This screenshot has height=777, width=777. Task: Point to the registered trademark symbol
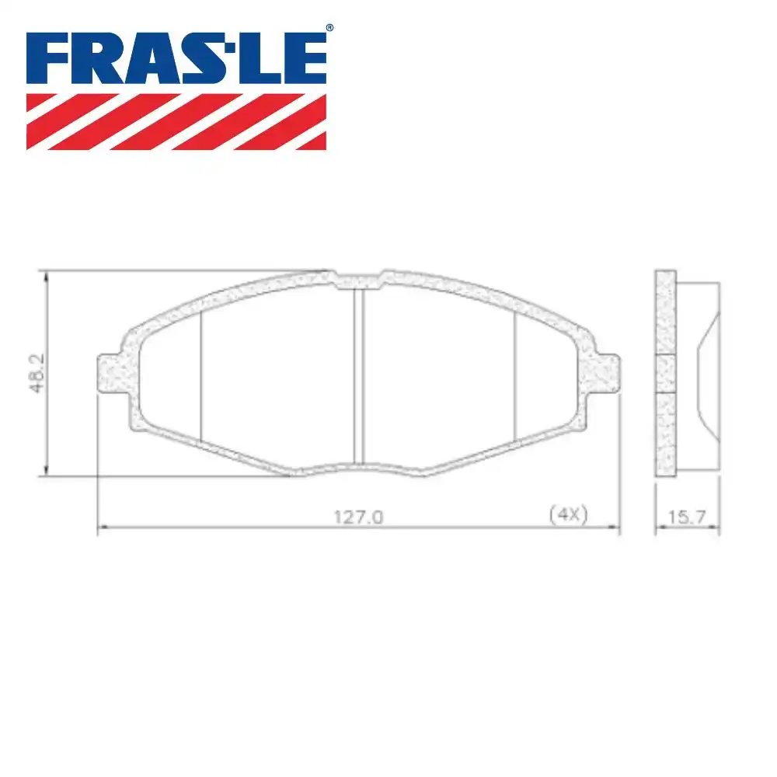coord(329,28)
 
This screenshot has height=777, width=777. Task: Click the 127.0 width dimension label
coord(359,515)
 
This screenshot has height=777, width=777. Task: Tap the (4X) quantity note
coord(566,514)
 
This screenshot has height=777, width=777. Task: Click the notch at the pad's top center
coord(359,278)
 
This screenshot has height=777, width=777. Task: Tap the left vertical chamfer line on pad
coord(201,373)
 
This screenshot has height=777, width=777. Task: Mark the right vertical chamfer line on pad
coord(516,373)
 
